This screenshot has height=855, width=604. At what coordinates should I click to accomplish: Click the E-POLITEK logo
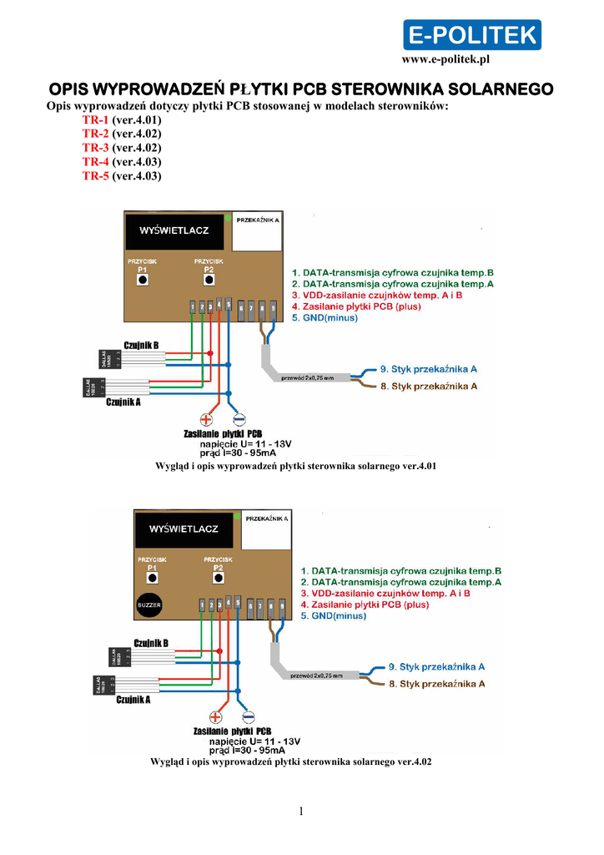tap(472, 35)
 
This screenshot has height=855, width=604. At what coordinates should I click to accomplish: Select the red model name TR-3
tap(96, 148)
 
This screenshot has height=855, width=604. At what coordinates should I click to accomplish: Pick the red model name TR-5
tap(96, 176)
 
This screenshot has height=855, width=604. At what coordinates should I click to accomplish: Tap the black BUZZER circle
tap(149, 603)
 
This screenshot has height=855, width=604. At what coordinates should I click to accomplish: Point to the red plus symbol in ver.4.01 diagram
tap(207, 420)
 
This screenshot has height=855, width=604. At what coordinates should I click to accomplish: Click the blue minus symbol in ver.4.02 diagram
tap(249, 717)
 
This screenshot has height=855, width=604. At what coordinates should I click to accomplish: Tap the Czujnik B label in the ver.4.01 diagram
tap(141, 346)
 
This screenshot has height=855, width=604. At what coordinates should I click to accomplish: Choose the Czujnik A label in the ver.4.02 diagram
tap(133, 700)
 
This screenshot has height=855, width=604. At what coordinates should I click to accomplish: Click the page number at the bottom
tap(301, 812)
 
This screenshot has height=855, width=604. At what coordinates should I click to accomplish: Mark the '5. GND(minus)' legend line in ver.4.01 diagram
tap(325, 318)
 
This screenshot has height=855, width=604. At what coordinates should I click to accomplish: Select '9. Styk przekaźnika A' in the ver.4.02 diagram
tap(437, 667)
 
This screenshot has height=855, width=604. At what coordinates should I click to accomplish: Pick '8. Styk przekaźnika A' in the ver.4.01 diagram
tap(428, 387)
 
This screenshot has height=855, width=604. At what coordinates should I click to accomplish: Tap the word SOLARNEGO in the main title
tap(501, 89)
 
